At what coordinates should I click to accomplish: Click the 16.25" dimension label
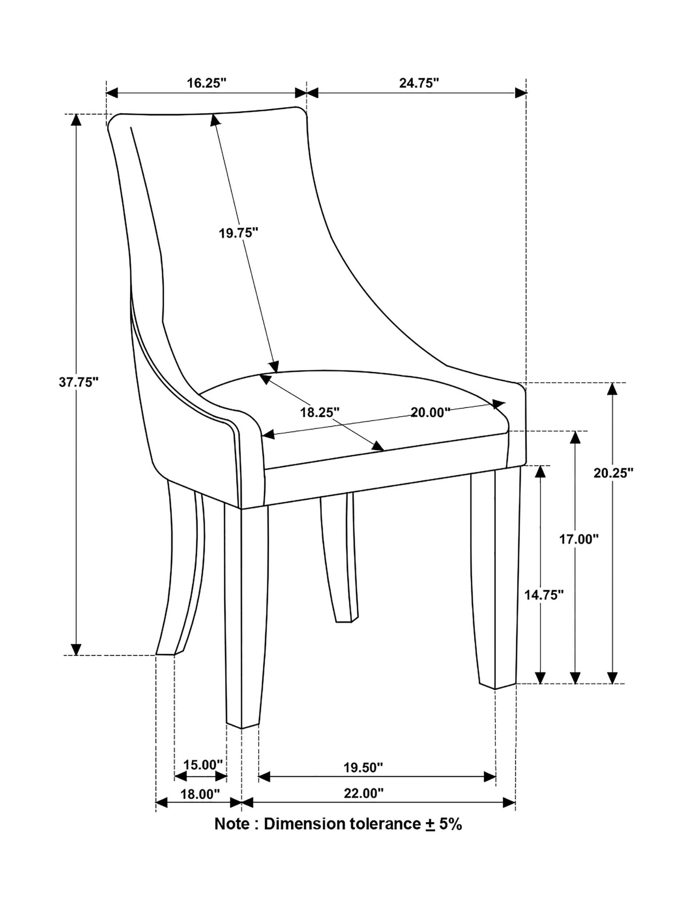[206, 83]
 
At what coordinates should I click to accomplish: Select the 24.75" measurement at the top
[418, 83]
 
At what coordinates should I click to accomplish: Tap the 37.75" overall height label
[79, 382]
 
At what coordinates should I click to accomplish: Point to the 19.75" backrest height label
[238, 233]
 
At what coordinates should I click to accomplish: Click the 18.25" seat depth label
[320, 412]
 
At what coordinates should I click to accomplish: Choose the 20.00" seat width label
[430, 412]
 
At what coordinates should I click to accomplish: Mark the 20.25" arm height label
[614, 473]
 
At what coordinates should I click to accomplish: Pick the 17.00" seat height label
[579, 539]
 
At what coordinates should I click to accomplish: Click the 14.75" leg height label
[544, 595]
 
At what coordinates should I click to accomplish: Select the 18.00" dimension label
[200, 794]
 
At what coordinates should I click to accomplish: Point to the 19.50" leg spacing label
[363, 767]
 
